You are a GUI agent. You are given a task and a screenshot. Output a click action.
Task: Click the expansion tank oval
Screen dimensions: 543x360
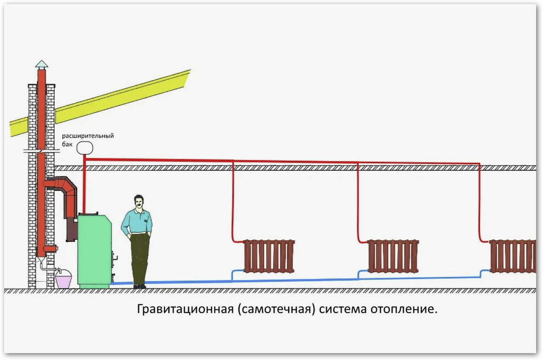click(x=85, y=147)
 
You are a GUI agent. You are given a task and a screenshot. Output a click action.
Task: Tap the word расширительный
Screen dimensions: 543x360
click(x=88, y=136)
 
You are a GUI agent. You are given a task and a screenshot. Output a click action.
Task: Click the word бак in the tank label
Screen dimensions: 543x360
click(x=67, y=144)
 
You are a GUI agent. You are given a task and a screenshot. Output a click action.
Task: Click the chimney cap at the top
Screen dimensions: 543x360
click(x=42, y=64)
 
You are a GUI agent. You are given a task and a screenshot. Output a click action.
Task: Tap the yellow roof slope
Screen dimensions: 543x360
click(x=101, y=103)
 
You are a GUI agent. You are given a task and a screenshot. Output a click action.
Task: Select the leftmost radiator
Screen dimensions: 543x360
click(x=269, y=256)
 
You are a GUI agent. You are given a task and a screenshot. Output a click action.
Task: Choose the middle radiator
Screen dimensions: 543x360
click(x=393, y=256)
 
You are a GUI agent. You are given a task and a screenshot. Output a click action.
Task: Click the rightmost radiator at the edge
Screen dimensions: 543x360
click(x=513, y=256)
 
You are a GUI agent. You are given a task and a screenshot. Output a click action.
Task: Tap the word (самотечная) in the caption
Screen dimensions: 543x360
click(x=276, y=309)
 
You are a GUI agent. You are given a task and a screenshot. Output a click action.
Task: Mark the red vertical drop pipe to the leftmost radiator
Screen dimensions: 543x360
click(x=233, y=201)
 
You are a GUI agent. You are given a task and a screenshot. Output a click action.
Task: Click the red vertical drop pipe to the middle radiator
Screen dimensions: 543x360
click(x=358, y=202)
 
